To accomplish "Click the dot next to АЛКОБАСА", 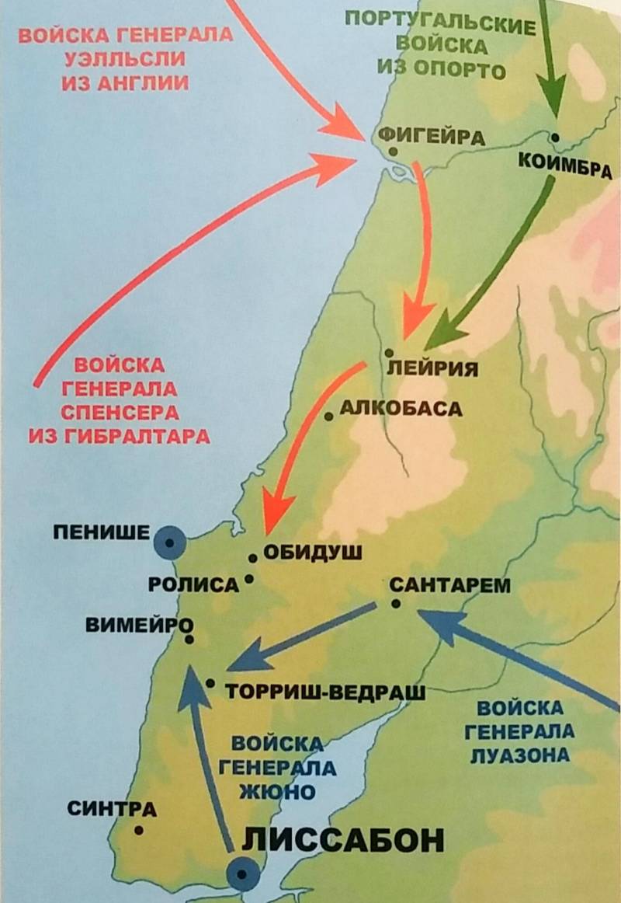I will click(329, 417).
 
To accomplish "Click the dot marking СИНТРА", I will click(139, 830).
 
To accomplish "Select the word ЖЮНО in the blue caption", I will click(277, 793).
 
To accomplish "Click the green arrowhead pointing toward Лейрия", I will click(439, 335).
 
